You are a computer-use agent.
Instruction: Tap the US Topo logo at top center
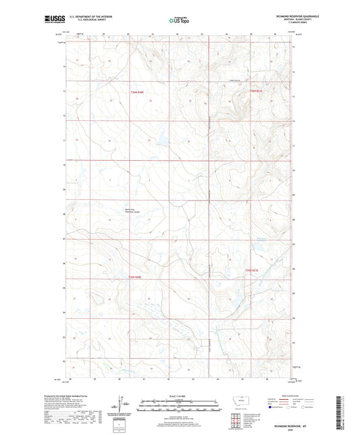tap(179, 20)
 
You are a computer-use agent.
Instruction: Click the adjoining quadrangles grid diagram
tap(235, 419)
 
